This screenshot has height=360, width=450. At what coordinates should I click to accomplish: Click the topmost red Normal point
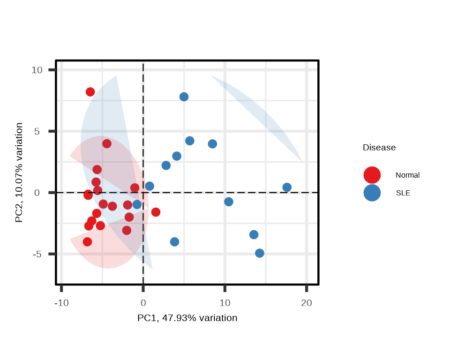click(x=90, y=92)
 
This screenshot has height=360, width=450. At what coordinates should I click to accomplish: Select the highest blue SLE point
click(x=184, y=97)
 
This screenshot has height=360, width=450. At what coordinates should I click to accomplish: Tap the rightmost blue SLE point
click(x=287, y=187)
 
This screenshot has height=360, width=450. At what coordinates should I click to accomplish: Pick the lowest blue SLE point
click(x=260, y=253)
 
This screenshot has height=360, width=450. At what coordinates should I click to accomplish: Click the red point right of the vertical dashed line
click(x=156, y=212)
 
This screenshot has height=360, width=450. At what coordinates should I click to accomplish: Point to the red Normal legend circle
click(x=372, y=175)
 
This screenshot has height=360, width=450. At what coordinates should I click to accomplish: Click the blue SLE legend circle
click(x=372, y=193)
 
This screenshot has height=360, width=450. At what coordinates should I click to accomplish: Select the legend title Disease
click(x=379, y=148)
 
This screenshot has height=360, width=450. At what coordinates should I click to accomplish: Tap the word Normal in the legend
click(x=407, y=175)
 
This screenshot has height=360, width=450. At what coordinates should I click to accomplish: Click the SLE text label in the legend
click(x=403, y=193)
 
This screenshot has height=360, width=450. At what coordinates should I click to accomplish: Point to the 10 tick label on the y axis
click(x=37, y=70)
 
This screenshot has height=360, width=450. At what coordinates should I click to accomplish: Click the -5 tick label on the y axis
click(x=37, y=254)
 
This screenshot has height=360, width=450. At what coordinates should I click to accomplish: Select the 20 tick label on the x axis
click(x=306, y=303)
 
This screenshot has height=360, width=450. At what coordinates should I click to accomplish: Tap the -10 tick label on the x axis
click(x=61, y=303)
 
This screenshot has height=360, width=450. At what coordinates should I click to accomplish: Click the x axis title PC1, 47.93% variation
click(x=187, y=318)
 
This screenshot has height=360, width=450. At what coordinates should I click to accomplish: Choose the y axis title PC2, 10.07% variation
click(x=19, y=172)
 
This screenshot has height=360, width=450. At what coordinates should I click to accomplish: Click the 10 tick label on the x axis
click(x=225, y=303)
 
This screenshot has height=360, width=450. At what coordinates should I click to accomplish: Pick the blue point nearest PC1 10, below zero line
click(x=228, y=202)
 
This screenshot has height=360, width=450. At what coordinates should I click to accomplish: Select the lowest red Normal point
click(x=87, y=242)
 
